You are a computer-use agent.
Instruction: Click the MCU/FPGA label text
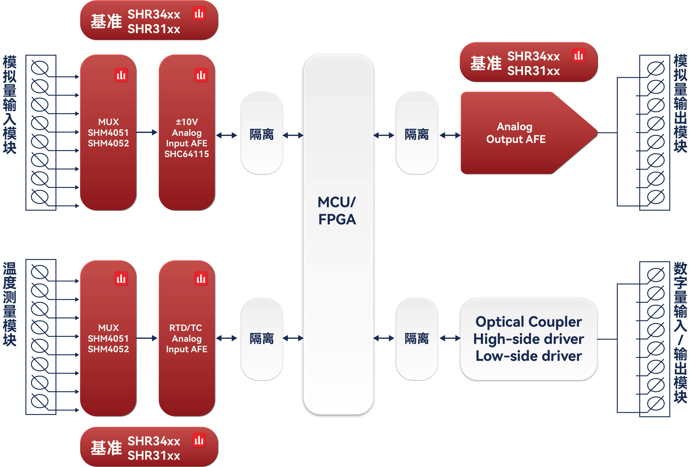[x=337, y=211]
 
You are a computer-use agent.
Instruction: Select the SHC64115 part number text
[x=187, y=154]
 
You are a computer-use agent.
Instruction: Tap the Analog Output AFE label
[x=516, y=133]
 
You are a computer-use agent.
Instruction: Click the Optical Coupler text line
[x=529, y=322]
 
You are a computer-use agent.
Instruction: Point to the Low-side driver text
[x=529, y=356]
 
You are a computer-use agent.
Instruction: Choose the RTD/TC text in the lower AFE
[x=186, y=328]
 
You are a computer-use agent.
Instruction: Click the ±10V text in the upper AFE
[x=187, y=122]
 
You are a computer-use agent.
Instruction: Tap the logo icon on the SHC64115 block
[x=201, y=75]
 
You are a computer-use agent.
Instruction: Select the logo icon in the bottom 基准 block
[x=199, y=440]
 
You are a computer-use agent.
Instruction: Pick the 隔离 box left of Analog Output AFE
[x=417, y=133]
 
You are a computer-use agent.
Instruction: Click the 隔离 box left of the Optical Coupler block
[x=417, y=339]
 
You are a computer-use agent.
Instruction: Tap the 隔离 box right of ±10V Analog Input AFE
[x=261, y=133]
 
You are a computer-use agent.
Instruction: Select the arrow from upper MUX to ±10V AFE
[x=147, y=132]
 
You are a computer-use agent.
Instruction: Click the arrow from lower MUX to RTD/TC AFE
[x=147, y=338]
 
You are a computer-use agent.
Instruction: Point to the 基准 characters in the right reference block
[x=486, y=63]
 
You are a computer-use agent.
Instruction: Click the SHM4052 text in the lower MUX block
[x=108, y=349]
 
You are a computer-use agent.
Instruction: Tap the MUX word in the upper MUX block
[x=108, y=122]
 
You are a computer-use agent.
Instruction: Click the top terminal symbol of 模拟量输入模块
[x=40, y=68]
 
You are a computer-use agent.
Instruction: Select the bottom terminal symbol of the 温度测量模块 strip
[x=40, y=401]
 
